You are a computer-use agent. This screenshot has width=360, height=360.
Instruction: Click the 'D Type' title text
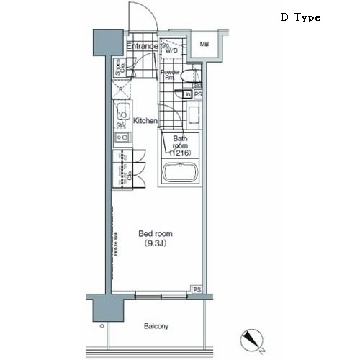(300, 17)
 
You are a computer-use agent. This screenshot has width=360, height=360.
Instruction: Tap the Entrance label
(142, 47)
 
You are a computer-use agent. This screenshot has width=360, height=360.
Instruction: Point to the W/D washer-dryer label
(171, 48)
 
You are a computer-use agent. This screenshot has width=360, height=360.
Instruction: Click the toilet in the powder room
(188, 75)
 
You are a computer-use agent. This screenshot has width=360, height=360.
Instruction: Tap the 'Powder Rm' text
(169, 75)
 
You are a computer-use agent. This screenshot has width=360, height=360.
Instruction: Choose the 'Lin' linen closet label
(187, 94)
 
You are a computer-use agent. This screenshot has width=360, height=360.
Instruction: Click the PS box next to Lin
(198, 94)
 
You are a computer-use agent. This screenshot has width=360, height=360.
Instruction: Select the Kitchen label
(145, 121)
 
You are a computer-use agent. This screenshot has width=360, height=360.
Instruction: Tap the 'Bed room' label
(155, 234)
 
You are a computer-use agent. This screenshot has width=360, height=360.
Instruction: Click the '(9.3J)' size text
(155, 244)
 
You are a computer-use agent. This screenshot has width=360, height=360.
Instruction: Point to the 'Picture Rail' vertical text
(115, 245)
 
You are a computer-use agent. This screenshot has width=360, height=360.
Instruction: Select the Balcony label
(155, 326)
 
